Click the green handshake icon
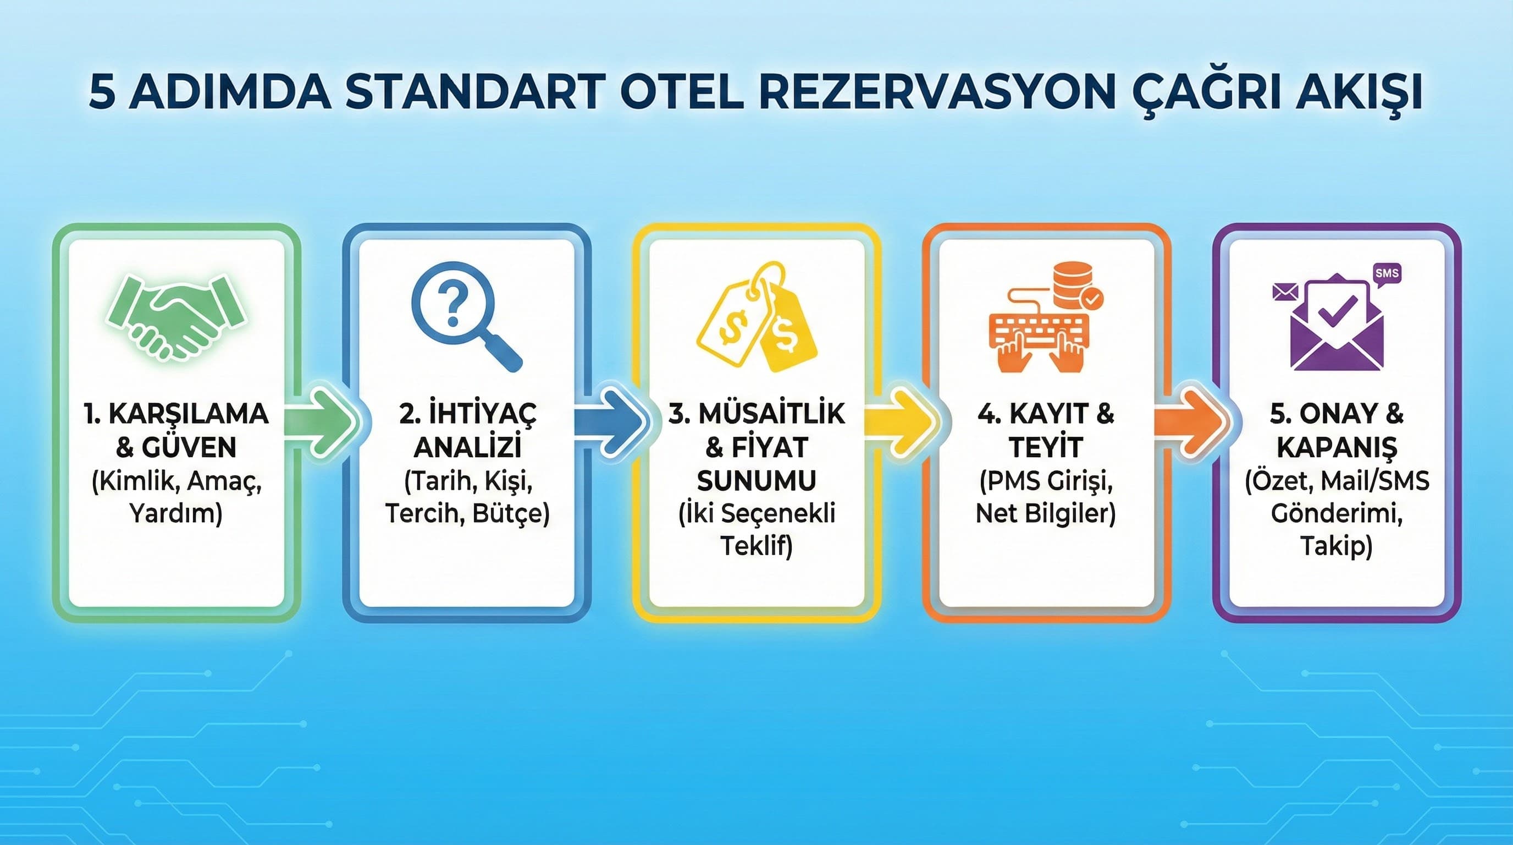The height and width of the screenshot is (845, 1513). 176,317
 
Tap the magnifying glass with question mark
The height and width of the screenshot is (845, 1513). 466,316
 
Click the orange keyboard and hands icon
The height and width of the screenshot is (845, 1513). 1046,317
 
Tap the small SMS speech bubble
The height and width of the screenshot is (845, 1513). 1387,275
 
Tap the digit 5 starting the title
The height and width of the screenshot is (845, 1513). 102,92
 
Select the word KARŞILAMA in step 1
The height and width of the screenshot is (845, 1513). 189,414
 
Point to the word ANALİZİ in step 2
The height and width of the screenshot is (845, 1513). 467,447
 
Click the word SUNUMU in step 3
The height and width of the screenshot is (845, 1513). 756,481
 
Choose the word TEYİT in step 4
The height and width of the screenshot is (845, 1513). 1046,447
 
